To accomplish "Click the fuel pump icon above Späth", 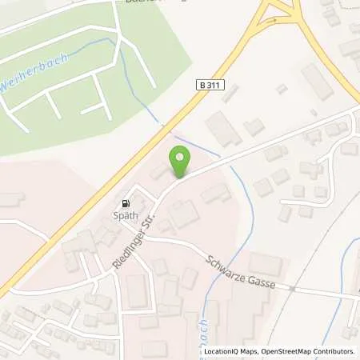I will [124, 203].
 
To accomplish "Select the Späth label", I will [126, 215].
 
